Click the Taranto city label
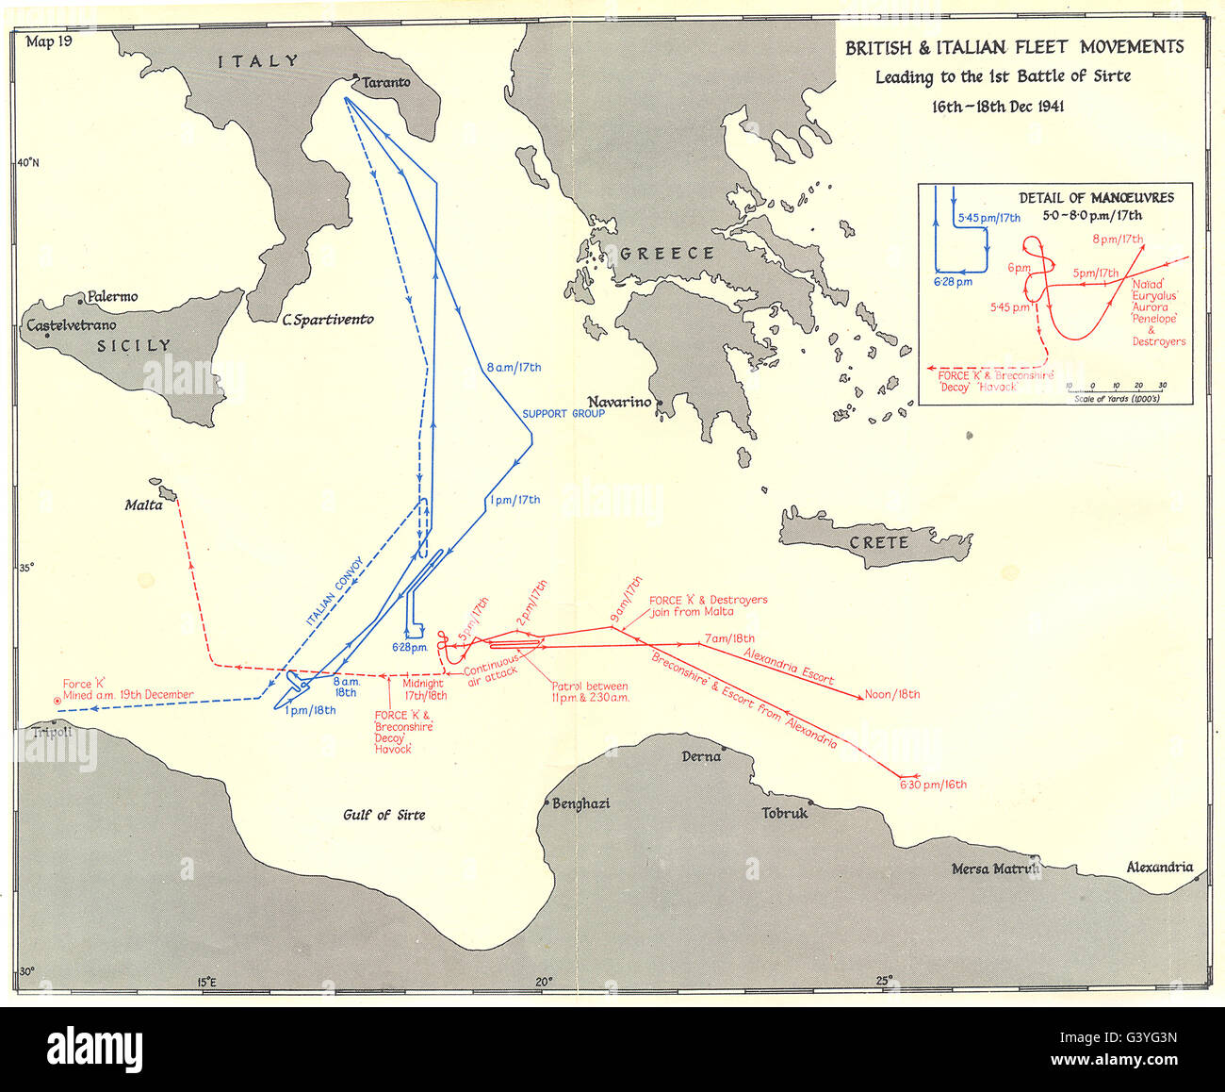387,82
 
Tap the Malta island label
144,505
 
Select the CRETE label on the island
879,543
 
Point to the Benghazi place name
582,803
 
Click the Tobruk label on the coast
785,813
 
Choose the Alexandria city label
1159,868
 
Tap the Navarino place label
619,402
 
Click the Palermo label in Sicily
112,297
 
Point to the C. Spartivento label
328,320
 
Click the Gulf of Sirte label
384,815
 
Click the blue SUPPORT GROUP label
563,413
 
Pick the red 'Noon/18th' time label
892,695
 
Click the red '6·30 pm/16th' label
933,785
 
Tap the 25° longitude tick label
885,981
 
